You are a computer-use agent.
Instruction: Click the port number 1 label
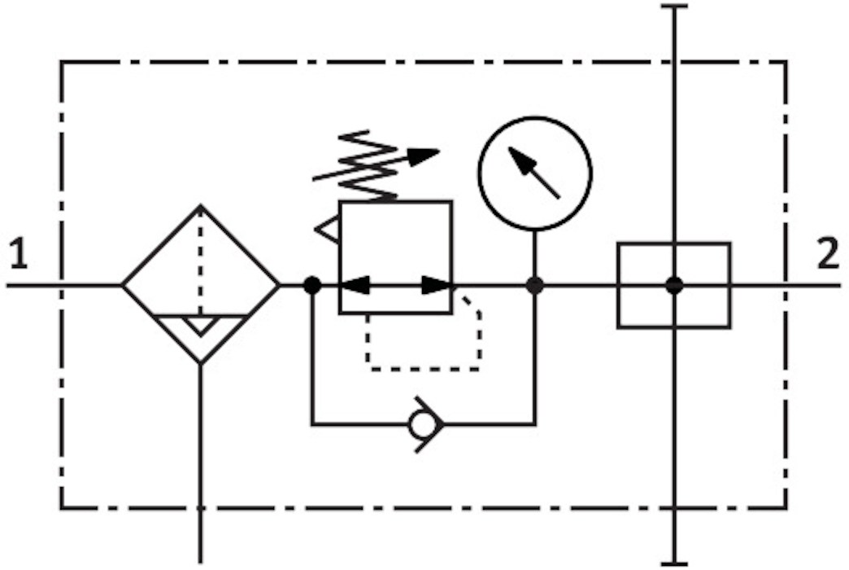pyautogui.click(x=20, y=256)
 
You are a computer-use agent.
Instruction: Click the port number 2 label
pyautogui.click(x=828, y=256)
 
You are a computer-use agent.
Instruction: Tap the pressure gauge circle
pyautogui.click(x=534, y=173)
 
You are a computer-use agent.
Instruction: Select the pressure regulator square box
pyautogui.click(x=395, y=257)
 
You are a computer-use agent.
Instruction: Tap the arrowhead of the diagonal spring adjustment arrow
pyautogui.click(x=423, y=155)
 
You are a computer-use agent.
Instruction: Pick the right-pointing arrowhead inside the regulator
pyautogui.click(x=438, y=285)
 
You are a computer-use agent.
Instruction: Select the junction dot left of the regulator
pyautogui.click(x=311, y=285)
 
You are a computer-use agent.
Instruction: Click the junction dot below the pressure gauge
pyautogui.click(x=534, y=285)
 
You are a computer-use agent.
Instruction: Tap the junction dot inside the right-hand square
pyautogui.click(x=673, y=285)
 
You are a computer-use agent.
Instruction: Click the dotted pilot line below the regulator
pyautogui.click(x=423, y=368)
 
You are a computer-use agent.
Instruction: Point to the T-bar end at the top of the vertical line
pyautogui.click(x=673, y=7)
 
